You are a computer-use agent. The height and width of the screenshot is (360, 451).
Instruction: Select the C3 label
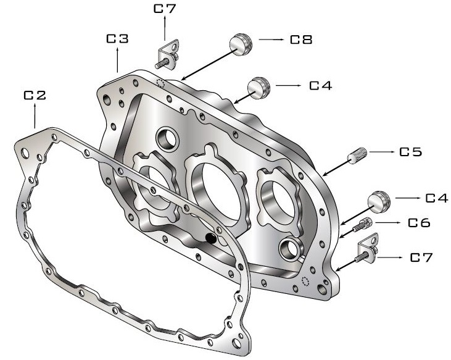point(117,39)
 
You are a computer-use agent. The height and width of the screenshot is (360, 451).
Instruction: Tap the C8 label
point(301,40)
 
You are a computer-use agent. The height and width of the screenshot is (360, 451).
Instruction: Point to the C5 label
point(410,151)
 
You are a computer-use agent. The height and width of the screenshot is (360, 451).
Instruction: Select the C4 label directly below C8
point(321,85)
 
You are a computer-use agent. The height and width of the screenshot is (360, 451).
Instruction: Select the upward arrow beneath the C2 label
point(35,115)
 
